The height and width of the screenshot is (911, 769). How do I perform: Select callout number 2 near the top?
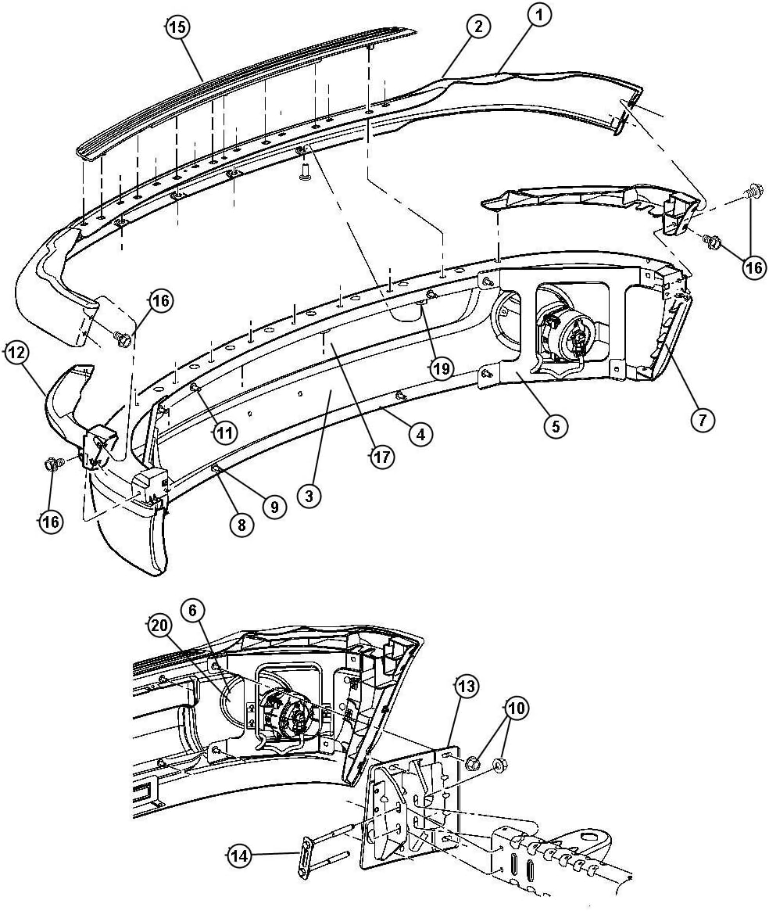479,27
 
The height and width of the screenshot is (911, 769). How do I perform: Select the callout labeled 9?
274,507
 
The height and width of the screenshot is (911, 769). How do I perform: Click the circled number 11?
224,432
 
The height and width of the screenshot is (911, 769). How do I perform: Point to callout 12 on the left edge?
16,353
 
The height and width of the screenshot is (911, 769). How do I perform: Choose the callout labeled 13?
466,686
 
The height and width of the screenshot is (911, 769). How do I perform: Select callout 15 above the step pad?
177,28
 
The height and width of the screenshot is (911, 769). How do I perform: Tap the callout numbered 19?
442,368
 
